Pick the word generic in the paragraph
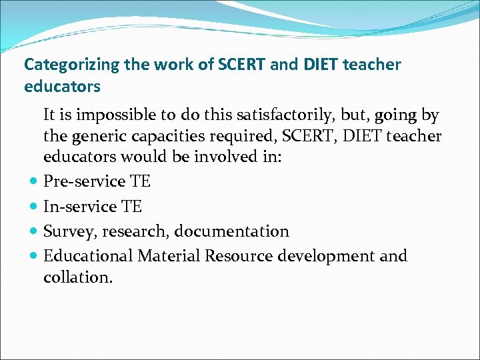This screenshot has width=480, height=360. click(x=97, y=136)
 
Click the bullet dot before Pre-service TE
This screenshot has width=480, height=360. click(x=33, y=182)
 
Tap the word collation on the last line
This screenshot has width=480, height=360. click(x=77, y=277)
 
